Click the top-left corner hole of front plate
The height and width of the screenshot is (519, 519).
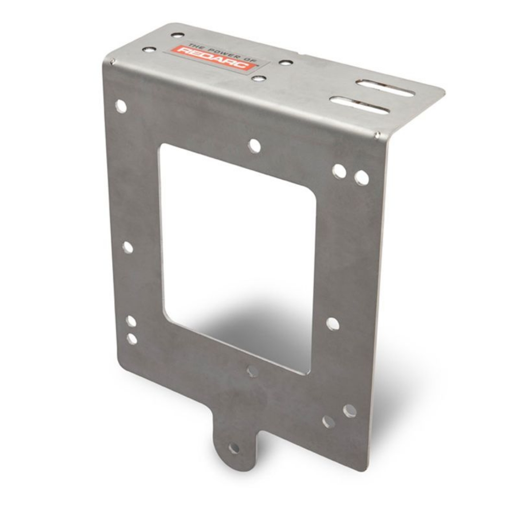pyautogui.click(x=121, y=106)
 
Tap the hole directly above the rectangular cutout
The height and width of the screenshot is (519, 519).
pyautogui.click(x=254, y=145)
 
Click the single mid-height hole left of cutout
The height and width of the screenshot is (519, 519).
pyautogui.click(x=128, y=247)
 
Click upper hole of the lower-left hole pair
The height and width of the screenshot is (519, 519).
pyautogui.click(x=131, y=321)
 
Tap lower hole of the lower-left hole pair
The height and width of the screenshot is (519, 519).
pyautogui.click(x=132, y=339)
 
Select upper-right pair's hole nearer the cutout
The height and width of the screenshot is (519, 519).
pyautogui.click(x=339, y=171)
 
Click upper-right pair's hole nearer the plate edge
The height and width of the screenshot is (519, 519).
pyautogui.click(x=362, y=178)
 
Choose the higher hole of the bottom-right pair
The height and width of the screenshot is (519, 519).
pyautogui.click(x=350, y=411)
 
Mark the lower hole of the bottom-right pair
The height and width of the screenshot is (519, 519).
pyautogui.click(x=328, y=421)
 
